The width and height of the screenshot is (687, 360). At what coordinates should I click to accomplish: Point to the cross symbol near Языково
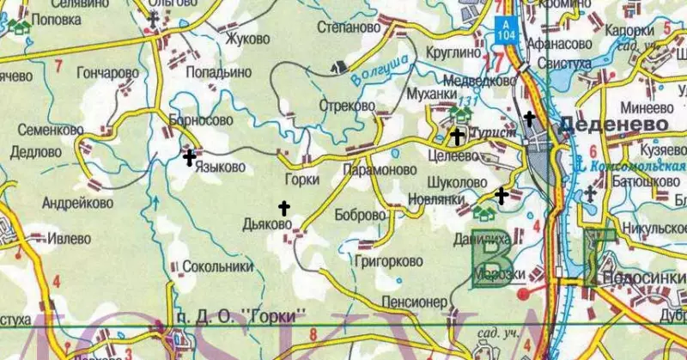[189, 157]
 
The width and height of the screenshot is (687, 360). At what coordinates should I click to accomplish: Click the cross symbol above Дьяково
[284, 207]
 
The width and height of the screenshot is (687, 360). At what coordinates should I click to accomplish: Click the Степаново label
[349, 27]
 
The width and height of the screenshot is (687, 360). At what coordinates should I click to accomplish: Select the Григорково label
[389, 258]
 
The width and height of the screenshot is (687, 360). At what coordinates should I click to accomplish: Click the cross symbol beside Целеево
[458, 135]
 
